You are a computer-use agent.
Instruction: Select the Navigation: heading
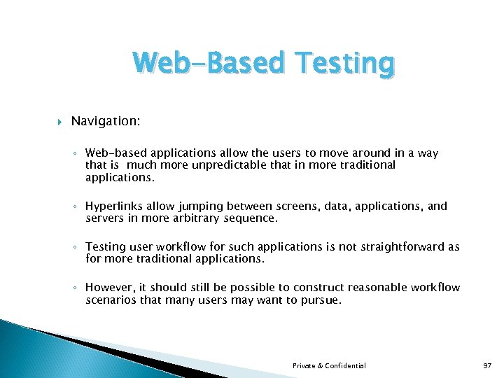106,122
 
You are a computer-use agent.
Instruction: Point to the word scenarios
111,300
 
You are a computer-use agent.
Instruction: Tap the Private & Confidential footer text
329,365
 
